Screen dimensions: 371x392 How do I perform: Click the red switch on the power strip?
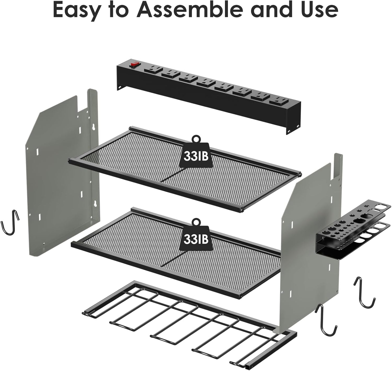click(133, 65)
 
